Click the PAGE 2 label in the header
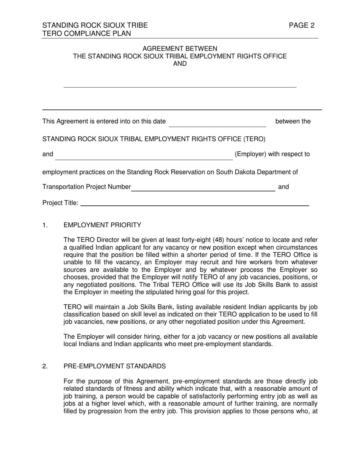pyautogui.click(x=302, y=26)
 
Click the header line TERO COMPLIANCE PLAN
pyautogui.click(x=87, y=34)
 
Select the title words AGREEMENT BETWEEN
pyautogui.click(x=180, y=49)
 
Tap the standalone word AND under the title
pyautogui.click(x=180, y=64)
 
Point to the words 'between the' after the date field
pyautogui.click(x=293, y=122)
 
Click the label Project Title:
pyautogui.click(x=61, y=203)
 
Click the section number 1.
pyautogui.click(x=45, y=225)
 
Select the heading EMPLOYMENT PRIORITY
pyautogui.click(x=102, y=225)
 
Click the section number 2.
pyautogui.click(x=45, y=366)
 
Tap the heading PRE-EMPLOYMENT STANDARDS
pyautogui.click(x=114, y=366)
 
